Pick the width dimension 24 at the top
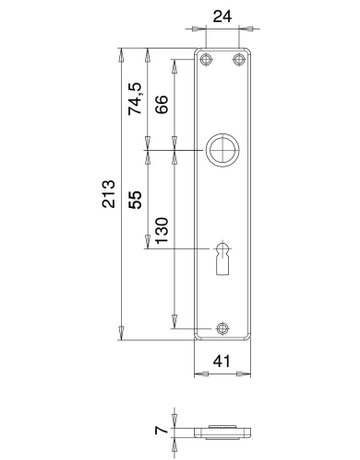click(x=222, y=17)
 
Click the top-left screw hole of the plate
click(x=205, y=61)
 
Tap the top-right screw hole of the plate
click(x=238, y=61)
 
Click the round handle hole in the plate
click(x=222, y=150)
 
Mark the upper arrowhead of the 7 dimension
click(x=174, y=416)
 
